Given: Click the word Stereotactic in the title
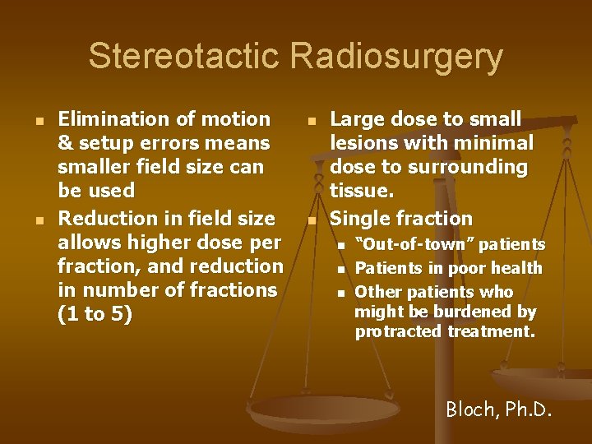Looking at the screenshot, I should tap(183, 57).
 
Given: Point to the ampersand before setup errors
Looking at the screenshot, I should tap(65, 144).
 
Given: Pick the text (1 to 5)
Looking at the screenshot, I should tap(95, 315).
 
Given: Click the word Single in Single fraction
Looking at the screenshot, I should tap(360, 219).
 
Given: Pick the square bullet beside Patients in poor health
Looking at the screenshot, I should tap(340, 269).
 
